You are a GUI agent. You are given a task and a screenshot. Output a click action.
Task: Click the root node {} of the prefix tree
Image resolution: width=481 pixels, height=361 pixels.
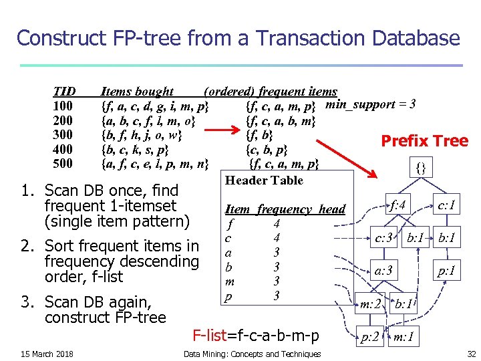click(x=420, y=167)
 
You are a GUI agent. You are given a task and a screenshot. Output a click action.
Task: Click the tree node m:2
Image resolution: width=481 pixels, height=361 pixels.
click(x=371, y=304)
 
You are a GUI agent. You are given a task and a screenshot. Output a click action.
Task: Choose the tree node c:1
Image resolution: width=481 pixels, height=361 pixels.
click(x=445, y=205)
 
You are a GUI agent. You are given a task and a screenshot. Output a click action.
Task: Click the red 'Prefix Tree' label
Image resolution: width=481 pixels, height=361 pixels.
click(x=424, y=140)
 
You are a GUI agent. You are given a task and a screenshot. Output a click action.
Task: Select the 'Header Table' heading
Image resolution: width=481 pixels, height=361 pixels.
click(x=264, y=180)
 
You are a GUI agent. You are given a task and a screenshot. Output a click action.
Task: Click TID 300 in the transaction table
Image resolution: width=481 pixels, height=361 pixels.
click(x=63, y=134)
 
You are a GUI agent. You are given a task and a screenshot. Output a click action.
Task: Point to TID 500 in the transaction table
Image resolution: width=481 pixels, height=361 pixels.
click(x=63, y=162)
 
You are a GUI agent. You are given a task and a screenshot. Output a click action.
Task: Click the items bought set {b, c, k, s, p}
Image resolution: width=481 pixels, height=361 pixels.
click(x=134, y=149)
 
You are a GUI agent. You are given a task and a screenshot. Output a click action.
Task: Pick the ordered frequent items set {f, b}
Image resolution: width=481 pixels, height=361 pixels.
click(x=259, y=135)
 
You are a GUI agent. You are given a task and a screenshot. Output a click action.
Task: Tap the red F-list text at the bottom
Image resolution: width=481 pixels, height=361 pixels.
click(x=256, y=335)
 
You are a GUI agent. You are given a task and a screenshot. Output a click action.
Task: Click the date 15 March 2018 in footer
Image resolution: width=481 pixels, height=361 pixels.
click(x=47, y=354)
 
